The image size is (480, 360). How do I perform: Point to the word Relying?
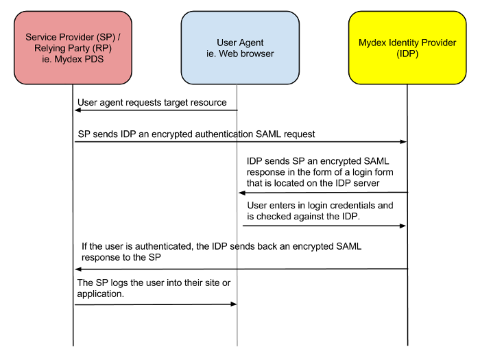[x=50, y=48]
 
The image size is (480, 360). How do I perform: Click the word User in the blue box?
[x=228, y=43]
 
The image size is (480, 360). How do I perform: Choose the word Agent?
[x=252, y=43]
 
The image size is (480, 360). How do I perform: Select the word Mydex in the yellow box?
[x=372, y=43]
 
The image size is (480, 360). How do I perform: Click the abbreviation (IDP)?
[x=407, y=53]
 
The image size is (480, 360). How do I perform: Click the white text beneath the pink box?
[x=79, y=90]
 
